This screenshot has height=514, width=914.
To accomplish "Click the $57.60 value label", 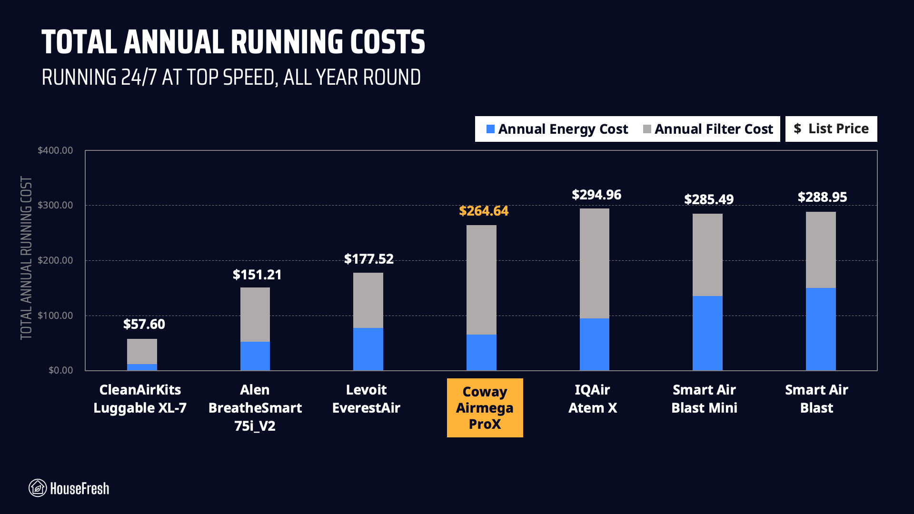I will [144, 324].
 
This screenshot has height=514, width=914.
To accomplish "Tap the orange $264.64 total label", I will [483, 211].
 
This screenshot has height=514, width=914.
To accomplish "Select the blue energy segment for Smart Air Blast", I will [820, 329].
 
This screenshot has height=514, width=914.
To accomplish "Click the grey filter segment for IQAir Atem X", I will [594, 263].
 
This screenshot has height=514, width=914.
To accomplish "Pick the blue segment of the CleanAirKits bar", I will [142, 367].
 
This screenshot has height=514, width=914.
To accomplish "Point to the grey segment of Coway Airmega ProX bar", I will [481, 280].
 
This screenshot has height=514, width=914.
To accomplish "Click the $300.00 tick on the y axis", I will [55, 205].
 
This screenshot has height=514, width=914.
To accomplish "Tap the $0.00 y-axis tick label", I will [60, 370].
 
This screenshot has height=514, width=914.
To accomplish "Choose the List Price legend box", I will [831, 128].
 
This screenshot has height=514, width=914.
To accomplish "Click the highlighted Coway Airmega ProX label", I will [485, 408].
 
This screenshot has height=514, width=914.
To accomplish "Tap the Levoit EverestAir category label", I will [366, 399].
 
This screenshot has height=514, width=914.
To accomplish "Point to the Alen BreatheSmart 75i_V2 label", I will [255, 408].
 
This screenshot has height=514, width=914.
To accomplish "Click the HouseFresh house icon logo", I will [38, 488].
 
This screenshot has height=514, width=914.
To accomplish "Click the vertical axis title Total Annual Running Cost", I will [26, 258].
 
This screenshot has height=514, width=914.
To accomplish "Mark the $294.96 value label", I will [596, 195].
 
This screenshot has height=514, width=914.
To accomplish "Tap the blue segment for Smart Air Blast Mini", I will [707, 333].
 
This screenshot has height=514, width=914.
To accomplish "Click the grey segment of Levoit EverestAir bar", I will [368, 300].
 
